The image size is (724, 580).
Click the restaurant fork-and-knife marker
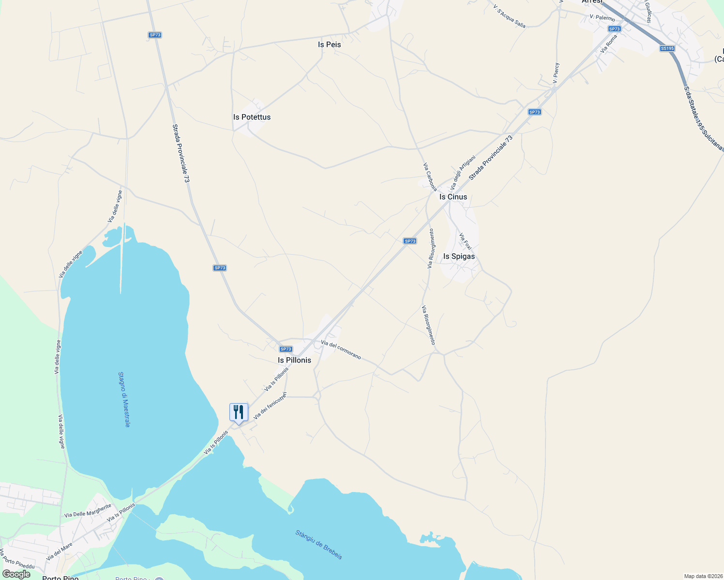(x=239, y=413)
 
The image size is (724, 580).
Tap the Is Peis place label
(x=330, y=44)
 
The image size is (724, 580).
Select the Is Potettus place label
(x=252, y=117)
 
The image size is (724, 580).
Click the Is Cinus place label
(x=453, y=197)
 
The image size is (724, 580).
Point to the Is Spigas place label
(x=459, y=256)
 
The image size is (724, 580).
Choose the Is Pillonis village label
(x=294, y=360)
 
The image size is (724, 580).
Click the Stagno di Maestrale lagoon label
(x=124, y=399)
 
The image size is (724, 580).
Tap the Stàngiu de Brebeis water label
(x=319, y=545)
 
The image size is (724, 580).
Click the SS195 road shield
(x=667, y=48)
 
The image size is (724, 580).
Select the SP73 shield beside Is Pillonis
(x=286, y=349)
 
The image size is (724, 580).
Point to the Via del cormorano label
(x=341, y=349)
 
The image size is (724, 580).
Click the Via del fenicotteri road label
(x=270, y=405)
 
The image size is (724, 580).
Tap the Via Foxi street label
(x=465, y=241)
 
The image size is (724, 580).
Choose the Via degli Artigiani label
(x=463, y=172)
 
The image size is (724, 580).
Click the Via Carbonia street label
(x=430, y=177)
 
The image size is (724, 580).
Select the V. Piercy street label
(x=556, y=73)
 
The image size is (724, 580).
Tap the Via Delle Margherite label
(x=88, y=511)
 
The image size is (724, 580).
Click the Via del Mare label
(x=60, y=551)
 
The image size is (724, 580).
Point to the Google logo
(x=16, y=574)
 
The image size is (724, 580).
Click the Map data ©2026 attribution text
(x=703, y=576)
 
